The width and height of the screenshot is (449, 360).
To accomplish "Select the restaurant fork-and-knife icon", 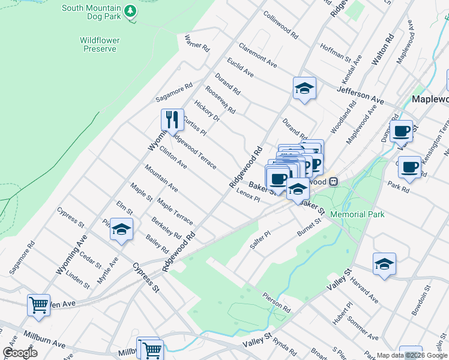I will click(x=172, y=120).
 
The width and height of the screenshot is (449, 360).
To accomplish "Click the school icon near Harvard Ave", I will click(x=384, y=264).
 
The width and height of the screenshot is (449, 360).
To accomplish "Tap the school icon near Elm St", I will click(x=121, y=230).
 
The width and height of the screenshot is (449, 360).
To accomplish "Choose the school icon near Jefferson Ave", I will click(x=304, y=89).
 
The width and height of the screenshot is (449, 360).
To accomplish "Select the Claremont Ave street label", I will click(x=258, y=55).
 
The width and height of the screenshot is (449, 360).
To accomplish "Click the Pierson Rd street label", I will click(x=276, y=302).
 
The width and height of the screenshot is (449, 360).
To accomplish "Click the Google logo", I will click(x=20, y=353).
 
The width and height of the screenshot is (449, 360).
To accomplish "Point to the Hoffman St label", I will click(x=335, y=52).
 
